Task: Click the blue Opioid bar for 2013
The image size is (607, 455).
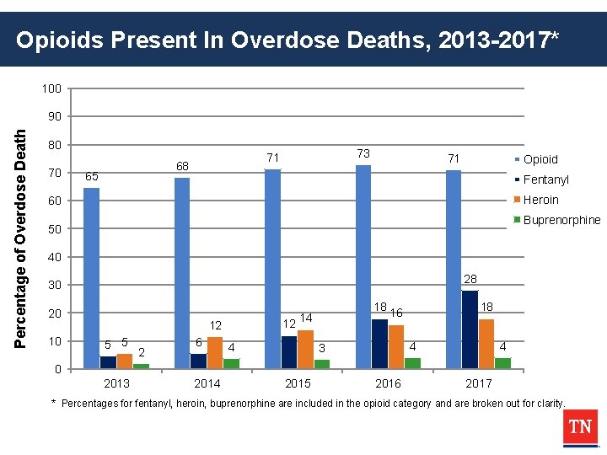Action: (91, 278)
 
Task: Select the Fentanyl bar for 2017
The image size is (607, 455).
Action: (470, 329)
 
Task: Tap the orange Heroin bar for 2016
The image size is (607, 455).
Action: (396, 346)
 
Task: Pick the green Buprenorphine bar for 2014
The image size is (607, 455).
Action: (231, 363)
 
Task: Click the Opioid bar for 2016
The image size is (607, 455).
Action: (363, 266)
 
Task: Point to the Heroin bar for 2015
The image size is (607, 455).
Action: (305, 349)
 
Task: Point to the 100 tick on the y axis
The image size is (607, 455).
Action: (52, 88)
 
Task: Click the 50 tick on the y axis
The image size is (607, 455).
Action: (55, 229)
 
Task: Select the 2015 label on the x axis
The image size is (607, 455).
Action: (298, 384)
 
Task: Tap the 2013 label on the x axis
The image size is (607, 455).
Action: (116, 384)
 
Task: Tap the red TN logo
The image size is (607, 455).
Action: (579, 427)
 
